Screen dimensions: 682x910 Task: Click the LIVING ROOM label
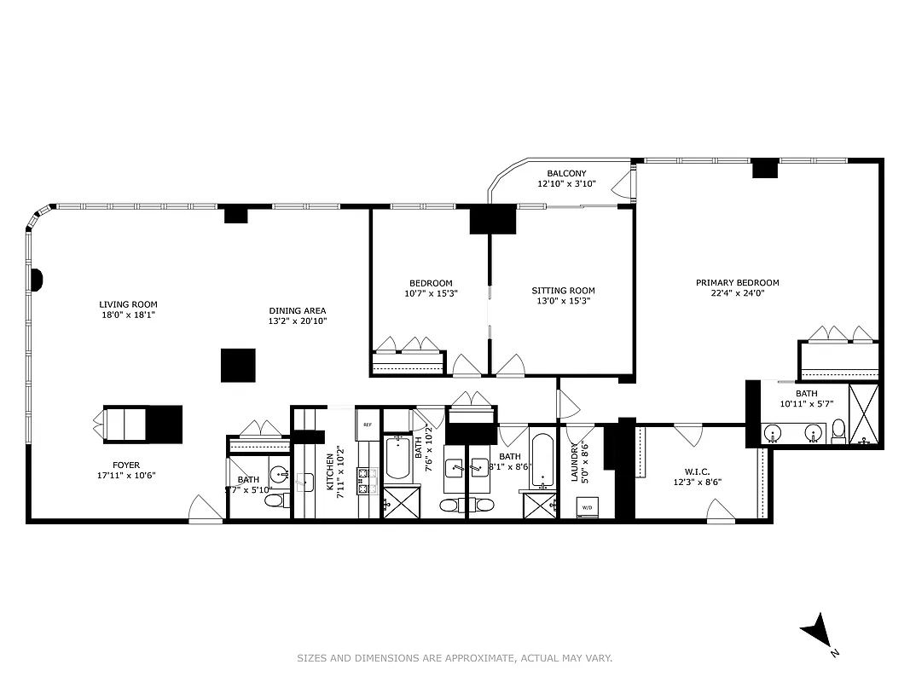128,304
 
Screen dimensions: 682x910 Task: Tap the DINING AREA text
297,310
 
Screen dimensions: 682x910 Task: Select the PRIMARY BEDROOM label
737,283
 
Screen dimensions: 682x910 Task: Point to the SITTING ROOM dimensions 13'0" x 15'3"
563,301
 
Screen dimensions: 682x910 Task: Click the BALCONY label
566,174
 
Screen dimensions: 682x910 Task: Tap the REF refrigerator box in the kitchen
368,424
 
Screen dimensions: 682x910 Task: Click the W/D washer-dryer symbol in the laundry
587,508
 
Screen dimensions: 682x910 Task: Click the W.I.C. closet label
697,471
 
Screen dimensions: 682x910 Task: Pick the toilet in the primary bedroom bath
838,431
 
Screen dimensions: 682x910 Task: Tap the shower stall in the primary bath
864,415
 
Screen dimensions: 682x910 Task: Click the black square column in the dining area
238,365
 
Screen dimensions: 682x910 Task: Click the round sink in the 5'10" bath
279,473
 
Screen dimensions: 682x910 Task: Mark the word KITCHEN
330,471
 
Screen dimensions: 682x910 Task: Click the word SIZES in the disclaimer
310,657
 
